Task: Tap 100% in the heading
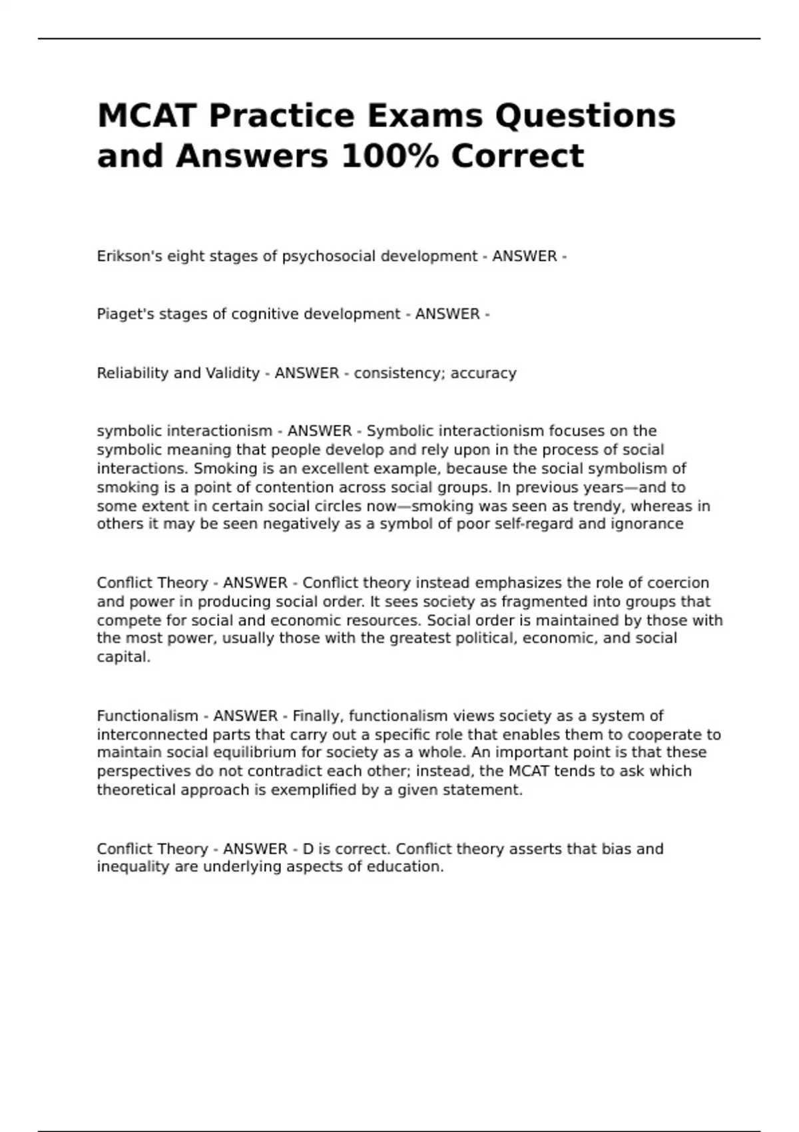(x=390, y=156)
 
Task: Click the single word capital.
(x=123, y=657)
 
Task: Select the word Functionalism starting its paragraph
(x=147, y=716)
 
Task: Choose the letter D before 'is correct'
(x=308, y=849)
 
